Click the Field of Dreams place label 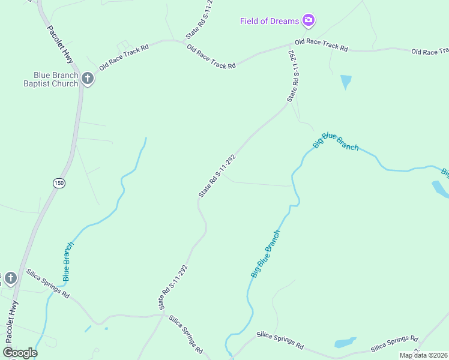(x=269, y=22)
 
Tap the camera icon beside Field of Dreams (x=309, y=21)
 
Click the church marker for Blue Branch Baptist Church (x=88, y=79)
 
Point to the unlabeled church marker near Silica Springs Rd (x=10, y=278)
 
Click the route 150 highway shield (x=58, y=183)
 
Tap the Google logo (x=20, y=353)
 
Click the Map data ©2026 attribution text (x=424, y=355)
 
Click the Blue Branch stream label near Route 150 (x=68, y=262)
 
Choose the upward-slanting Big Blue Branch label (x=265, y=254)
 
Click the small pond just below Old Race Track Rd (x=345, y=81)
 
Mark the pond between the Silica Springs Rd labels (x=345, y=343)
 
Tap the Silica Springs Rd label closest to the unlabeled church (x=48, y=284)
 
